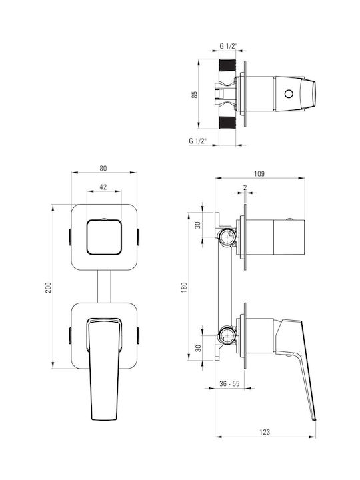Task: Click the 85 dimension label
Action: coord(195,94)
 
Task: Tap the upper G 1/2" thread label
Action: coord(229,46)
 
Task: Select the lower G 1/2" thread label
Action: coord(198,141)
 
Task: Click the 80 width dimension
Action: coord(103,168)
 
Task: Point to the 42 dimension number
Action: coord(103,187)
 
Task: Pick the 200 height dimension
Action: coord(49,287)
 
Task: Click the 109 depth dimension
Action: coord(259,173)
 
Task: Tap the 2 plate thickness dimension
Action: coord(245,187)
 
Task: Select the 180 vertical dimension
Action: coord(184,287)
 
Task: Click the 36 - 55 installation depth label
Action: coord(229,383)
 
